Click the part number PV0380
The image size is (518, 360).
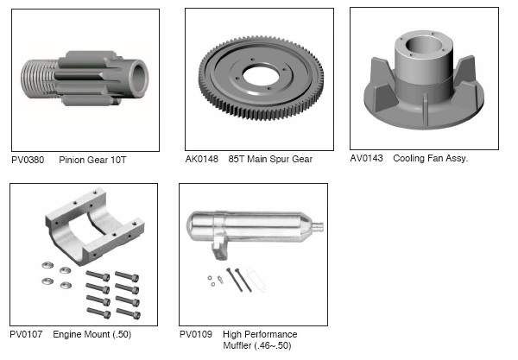pyautogui.click(x=28, y=161)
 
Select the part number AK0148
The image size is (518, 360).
pyautogui.click(x=202, y=159)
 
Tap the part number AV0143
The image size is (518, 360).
pyautogui.click(x=366, y=158)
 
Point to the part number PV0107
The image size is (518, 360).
pyautogui.click(x=26, y=334)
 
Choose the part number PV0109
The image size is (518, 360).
pyautogui.click(x=196, y=334)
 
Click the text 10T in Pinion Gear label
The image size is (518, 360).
pyautogui.click(x=118, y=161)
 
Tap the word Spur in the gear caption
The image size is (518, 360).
pyautogui.click(x=280, y=159)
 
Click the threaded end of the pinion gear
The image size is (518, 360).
pyautogui.click(x=39, y=79)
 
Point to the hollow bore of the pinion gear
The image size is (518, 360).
pyautogui.click(x=139, y=79)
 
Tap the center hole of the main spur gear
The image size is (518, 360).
pyautogui.click(x=261, y=75)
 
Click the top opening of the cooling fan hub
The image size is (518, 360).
pyautogui.click(x=424, y=46)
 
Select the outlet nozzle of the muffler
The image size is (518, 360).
pyautogui.click(x=318, y=227)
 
